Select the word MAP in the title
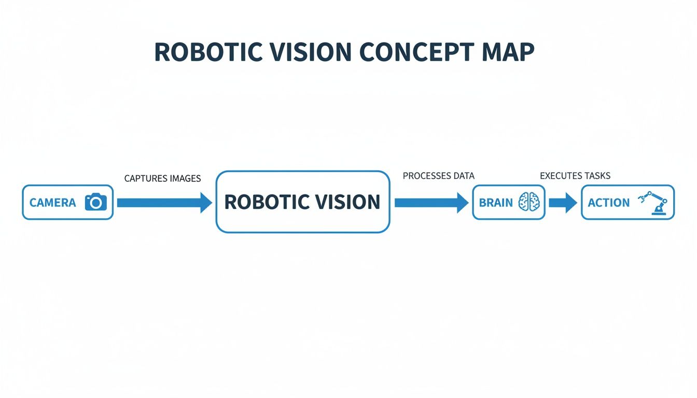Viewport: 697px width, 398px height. (508, 53)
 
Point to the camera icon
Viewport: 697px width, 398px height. (95, 202)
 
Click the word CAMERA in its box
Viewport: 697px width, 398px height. (52, 203)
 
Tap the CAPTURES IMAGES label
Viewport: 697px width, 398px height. (162, 178)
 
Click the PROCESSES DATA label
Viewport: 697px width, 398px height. (438, 176)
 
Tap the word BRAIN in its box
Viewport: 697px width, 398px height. (496, 203)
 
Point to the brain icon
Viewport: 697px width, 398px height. (529, 202)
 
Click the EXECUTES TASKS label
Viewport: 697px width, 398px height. (575, 176)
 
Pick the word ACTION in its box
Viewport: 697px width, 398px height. (608, 203)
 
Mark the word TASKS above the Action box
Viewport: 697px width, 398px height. (597, 176)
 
